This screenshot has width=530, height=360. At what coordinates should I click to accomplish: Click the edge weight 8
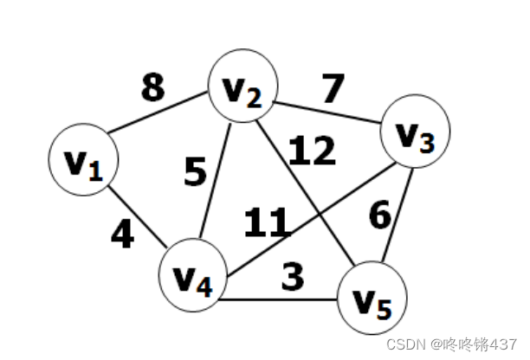coord(152,87)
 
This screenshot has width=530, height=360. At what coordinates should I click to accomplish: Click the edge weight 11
coord(266,223)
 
